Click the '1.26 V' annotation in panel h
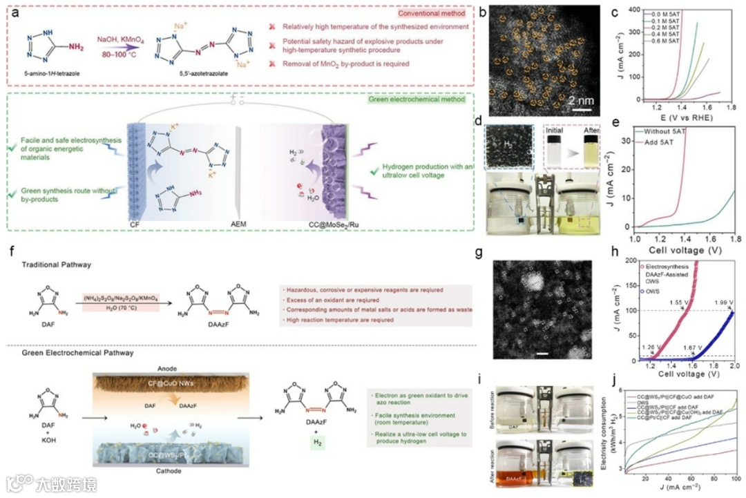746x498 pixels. coord(650,347)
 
